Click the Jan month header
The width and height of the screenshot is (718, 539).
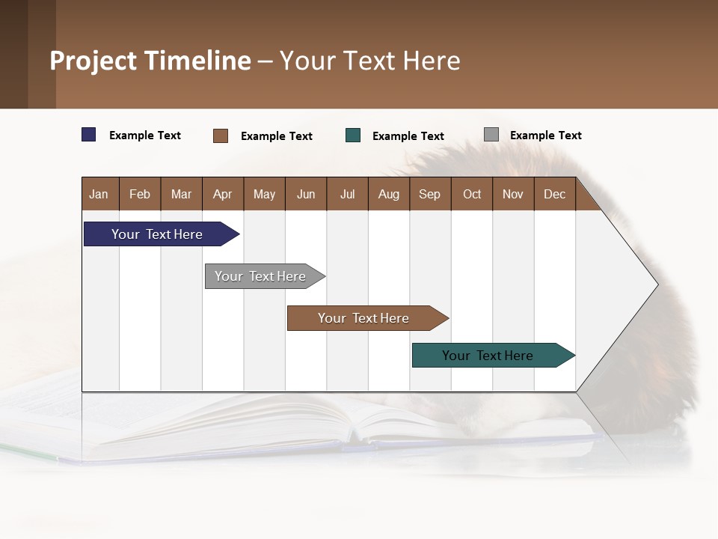point(99,194)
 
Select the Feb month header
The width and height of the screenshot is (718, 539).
point(140,194)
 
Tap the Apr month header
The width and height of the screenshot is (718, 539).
point(222,194)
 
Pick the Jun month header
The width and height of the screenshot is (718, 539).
point(306,194)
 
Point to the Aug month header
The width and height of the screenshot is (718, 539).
point(388,194)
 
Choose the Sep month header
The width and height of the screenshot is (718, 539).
point(429,194)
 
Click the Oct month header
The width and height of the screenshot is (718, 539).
point(472,194)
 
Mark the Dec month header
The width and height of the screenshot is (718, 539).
point(554,194)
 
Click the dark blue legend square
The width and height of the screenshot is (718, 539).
point(89,135)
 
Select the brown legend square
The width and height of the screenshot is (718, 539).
point(221,135)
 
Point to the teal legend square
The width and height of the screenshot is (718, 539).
point(353,135)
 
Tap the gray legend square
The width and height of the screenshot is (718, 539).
point(491,135)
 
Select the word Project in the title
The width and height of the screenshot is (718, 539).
point(93,61)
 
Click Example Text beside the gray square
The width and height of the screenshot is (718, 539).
point(545,135)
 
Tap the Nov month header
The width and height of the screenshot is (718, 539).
point(513,194)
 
